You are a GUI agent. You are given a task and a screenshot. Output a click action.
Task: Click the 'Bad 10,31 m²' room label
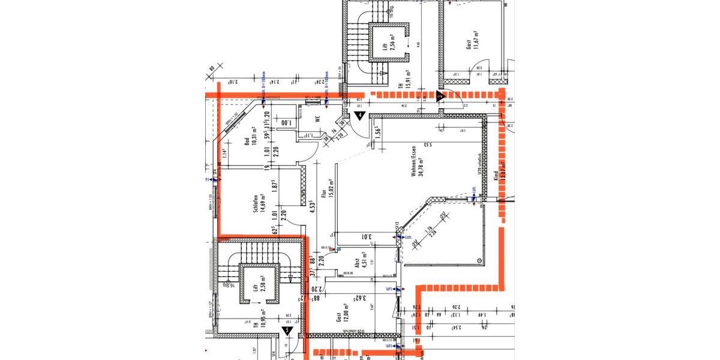(x=250, y=145)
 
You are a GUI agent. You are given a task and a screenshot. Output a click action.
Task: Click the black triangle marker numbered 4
(x=359, y=116)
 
